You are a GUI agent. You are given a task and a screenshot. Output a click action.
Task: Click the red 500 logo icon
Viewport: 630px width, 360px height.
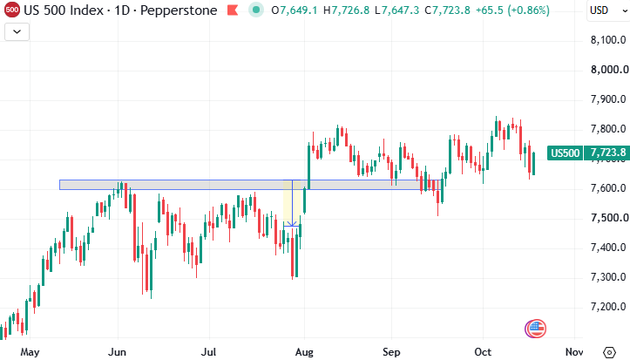(x=11, y=10)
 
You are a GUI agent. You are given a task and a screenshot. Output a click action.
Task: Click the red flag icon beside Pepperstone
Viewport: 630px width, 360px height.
(x=233, y=10)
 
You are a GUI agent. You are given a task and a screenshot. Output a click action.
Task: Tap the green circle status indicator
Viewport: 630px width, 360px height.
(x=256, y=10)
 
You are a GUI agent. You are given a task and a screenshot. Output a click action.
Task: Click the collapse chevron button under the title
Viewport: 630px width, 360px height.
(x=17, y=31)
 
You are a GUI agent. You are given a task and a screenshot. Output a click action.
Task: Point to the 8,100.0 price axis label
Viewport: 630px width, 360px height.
(x=608, y=40)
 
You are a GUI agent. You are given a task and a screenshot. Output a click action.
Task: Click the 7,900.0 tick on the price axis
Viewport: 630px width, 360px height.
(x=608, y=99)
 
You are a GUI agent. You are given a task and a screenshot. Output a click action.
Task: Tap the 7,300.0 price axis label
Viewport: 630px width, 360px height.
(x=608, y=277)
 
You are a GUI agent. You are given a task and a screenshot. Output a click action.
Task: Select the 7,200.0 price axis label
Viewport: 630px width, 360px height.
(x=608, y=307)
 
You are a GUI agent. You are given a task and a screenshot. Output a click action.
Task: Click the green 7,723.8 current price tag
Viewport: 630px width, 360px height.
(x=606, y=153)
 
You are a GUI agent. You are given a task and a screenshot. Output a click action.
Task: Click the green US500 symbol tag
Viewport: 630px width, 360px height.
(x=565, y=153)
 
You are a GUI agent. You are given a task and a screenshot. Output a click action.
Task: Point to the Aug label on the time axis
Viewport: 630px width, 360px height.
(x=304, y=352)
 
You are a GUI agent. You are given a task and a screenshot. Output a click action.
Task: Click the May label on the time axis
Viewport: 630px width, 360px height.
(x=30, y=352)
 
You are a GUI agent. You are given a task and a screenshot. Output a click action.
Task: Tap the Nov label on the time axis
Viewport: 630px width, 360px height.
(x=574, y=352)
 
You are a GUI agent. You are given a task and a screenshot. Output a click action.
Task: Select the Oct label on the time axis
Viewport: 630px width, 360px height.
(x=483, y=352)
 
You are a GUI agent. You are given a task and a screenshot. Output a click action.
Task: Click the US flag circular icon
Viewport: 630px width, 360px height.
(x=536, y=329)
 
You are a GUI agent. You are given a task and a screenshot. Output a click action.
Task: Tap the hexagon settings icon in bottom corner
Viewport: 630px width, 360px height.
(x=609, y=352)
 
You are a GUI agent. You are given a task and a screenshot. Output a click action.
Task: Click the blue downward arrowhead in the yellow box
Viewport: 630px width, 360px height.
(x=292, y=223)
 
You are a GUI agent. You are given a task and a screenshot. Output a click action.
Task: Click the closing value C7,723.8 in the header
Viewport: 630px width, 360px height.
(x=447, y=10)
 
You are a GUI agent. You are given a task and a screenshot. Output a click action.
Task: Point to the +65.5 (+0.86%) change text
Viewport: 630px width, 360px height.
(x=512, y=10)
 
